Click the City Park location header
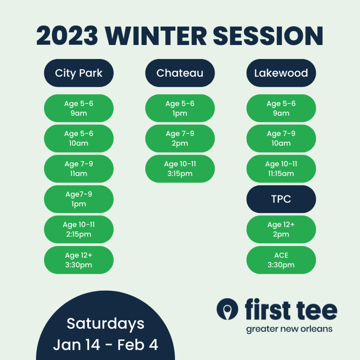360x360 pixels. (79, 73)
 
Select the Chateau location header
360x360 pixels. (180, 73)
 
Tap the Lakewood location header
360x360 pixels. (281, 73)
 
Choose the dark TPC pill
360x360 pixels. (281, 199)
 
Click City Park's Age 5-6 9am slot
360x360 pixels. (79, 108)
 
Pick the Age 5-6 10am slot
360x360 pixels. (79, 139)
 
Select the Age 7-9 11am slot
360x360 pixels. (79, 169)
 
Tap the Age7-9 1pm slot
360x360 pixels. (79, 199)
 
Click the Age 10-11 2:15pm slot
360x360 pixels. (79, 229)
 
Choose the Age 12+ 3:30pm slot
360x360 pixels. (79, 260)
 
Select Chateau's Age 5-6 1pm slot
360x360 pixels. (180, 108)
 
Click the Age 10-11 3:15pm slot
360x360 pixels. (180, 169)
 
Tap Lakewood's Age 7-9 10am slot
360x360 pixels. (281, 139)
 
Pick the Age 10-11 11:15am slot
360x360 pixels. (281, 169)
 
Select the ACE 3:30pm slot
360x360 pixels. (281, 260)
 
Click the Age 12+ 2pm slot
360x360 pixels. (281, 229)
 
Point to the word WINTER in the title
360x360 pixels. (156, 36)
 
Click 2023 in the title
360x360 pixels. (67, 36)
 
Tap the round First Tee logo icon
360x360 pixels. (227, 309)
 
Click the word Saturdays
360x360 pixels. (105, 324)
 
